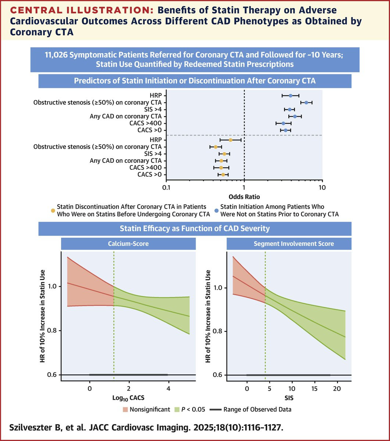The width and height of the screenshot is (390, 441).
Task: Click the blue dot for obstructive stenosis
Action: (306, 103)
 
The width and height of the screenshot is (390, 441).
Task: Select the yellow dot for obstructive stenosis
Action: (215, 147)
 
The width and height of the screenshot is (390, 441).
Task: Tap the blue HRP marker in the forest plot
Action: (290, 96)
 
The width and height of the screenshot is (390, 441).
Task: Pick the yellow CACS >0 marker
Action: (223, 175)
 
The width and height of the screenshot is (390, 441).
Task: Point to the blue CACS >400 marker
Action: (283, 123)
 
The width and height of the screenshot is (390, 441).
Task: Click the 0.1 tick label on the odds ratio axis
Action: (166, 187)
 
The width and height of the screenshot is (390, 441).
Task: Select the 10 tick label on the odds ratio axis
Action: (322, 187)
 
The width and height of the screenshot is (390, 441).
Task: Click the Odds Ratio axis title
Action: (244, 197)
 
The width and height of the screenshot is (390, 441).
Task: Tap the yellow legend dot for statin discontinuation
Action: (53, 211)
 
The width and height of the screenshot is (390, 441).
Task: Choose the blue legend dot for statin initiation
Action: (217, 211)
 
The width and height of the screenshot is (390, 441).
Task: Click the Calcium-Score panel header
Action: (128, 244)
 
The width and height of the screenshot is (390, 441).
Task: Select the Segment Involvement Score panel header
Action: (294, 244)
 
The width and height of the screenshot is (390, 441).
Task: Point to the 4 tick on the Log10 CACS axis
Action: (168, 388)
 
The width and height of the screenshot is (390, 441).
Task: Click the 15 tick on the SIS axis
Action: (314, 388)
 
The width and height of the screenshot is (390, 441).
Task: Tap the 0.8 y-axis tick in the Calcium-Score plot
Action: (52, 330)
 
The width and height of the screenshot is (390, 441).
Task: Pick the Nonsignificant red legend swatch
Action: (125, 409)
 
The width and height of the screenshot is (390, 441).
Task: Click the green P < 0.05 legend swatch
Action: (177, 409)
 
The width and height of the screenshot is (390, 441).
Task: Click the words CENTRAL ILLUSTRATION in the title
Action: (82, 10)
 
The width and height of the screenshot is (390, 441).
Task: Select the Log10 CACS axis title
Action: (128, 398)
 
